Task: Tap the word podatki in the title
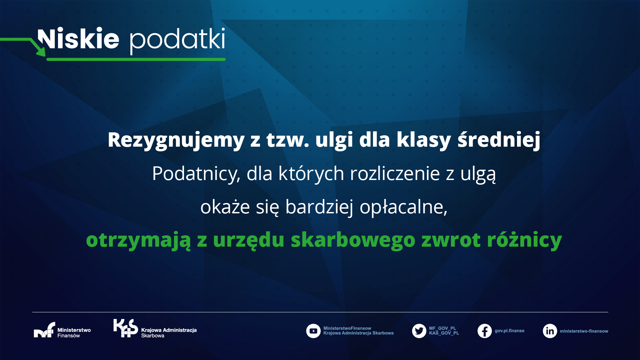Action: tap(177, 41)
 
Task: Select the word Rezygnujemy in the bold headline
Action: tap(176, 140)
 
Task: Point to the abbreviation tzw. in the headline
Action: tap(288, 140)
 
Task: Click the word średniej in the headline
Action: tap(499, 140)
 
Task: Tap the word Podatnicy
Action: tap(196, 174)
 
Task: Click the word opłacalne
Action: tap(403, 207)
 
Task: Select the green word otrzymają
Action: tap(138, 240)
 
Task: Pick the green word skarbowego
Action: tap(353, 240)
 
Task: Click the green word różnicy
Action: tap(524, 240)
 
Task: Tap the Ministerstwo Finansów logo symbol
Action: tap(44, 330)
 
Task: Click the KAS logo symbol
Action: tap(125, 328)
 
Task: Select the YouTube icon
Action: tap(313, 331)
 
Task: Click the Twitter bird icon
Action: tap(419, 331)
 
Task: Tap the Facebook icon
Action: tap(485, 331)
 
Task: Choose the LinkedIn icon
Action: tap(550, 331)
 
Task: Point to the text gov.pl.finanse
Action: tap(509, 331)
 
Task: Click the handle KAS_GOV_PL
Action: tap(444, 333)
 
